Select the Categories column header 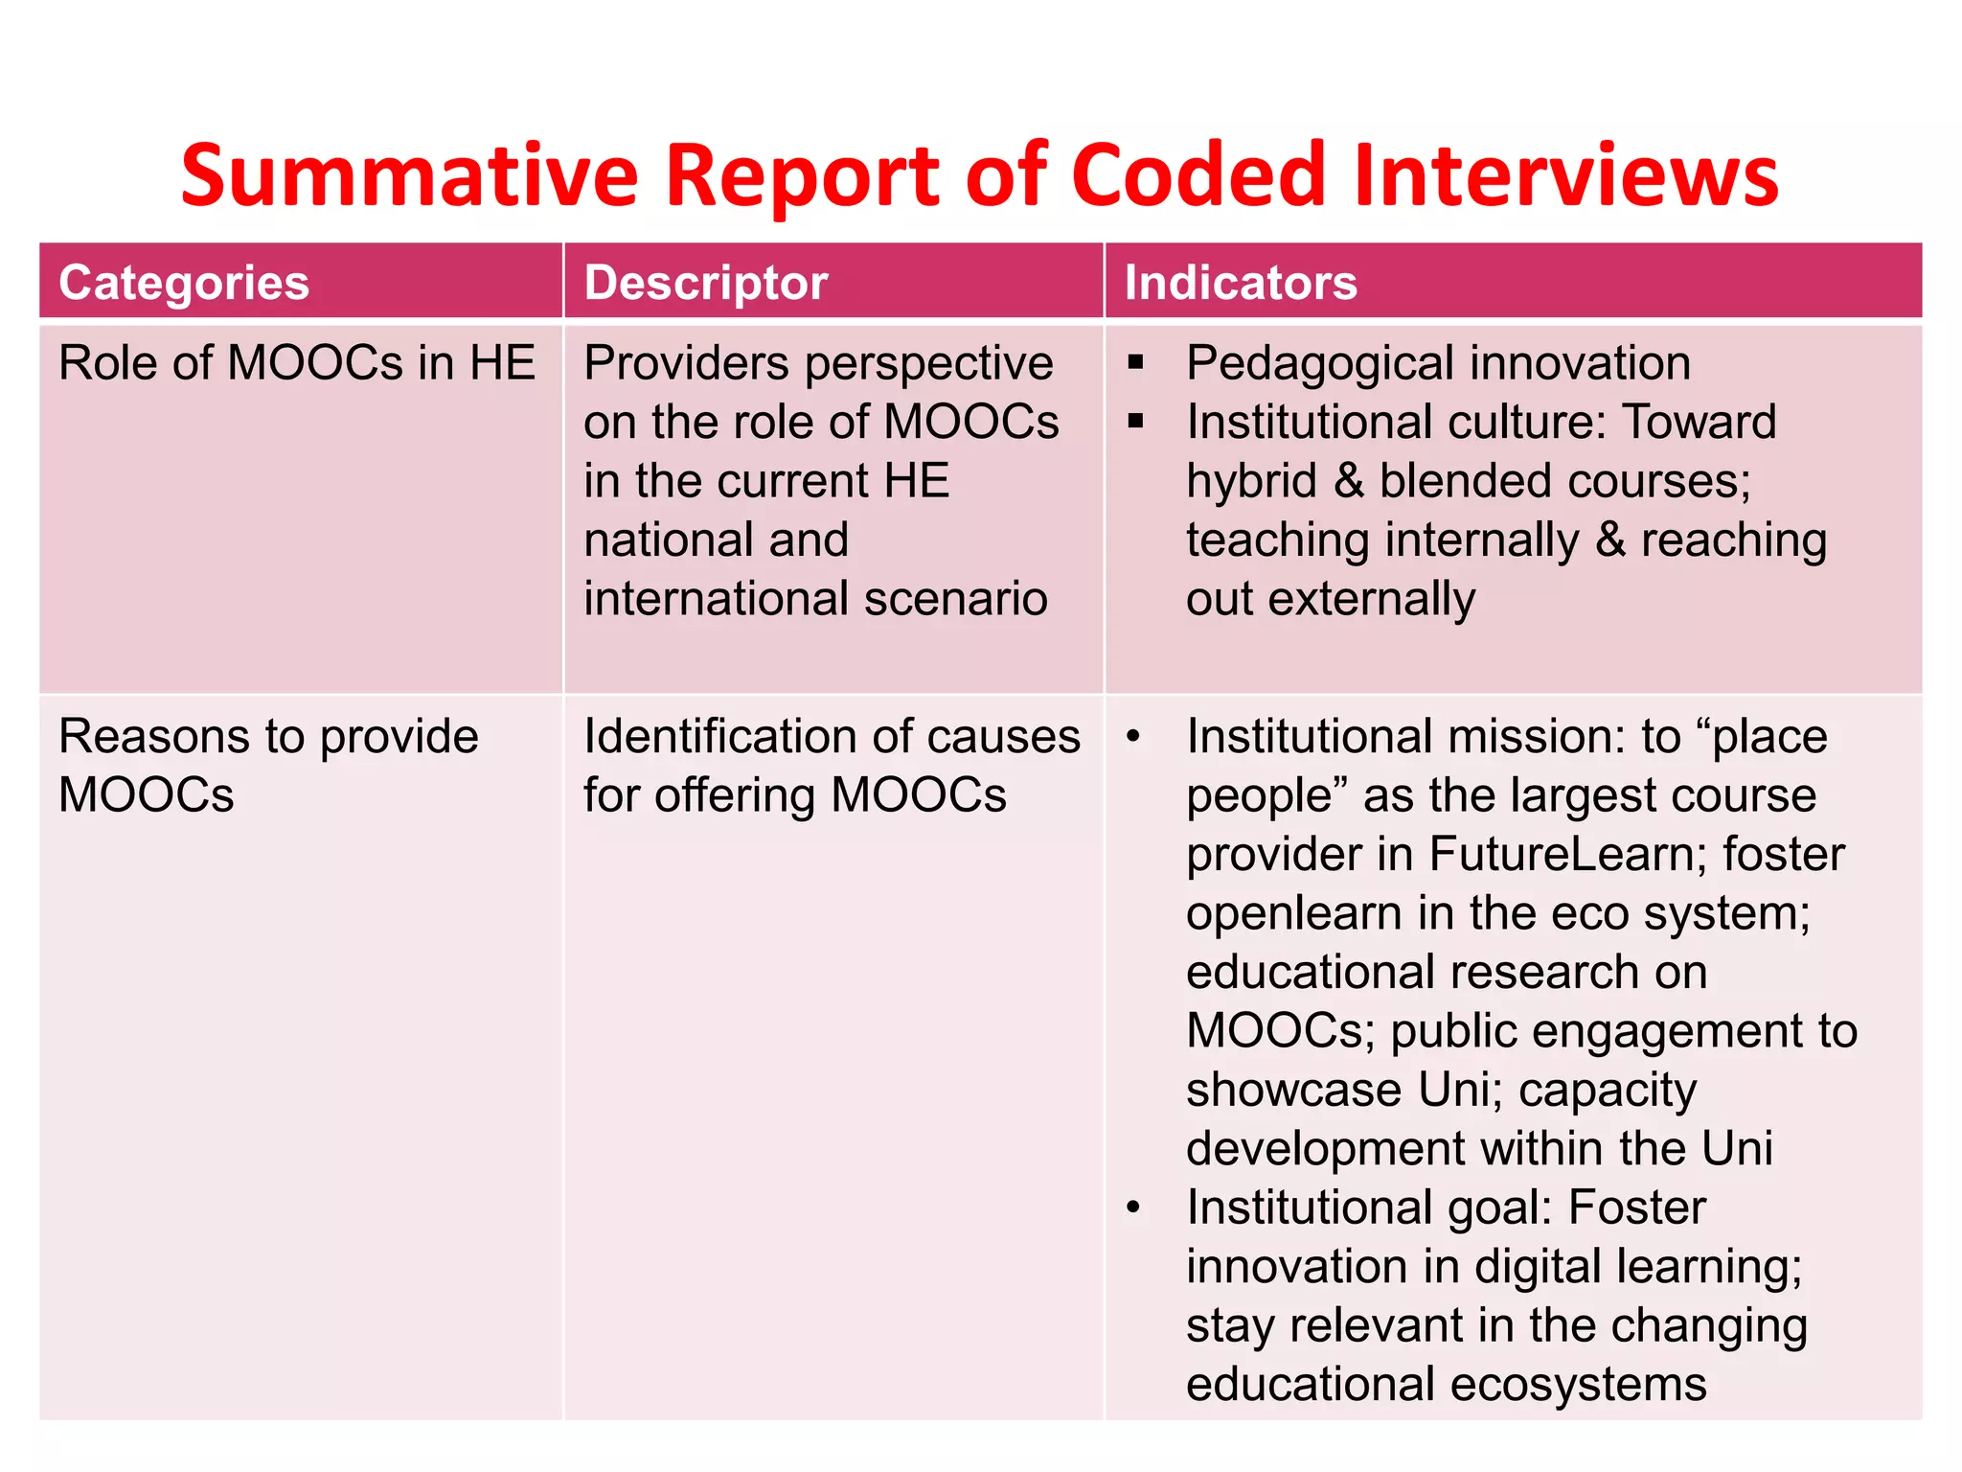coord(184,283)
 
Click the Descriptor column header coord(706,283)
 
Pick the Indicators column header coord(1241,283)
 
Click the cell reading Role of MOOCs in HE coord(297,363)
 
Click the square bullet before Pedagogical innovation coord(1136,362)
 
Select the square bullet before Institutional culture coord(1136,421)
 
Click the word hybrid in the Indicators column coord(1251,481)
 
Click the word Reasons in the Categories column coord(154,737)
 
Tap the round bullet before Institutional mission coord(1134,737)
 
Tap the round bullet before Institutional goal coord(1134,1207)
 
